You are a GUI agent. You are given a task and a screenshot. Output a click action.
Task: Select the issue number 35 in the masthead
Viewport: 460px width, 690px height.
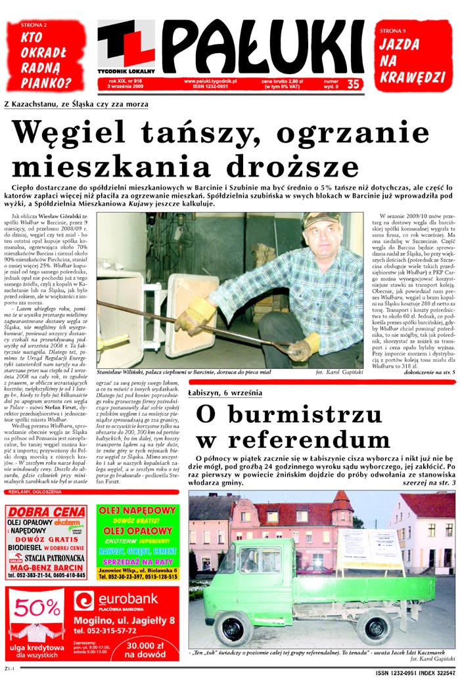click(x=353, y=84)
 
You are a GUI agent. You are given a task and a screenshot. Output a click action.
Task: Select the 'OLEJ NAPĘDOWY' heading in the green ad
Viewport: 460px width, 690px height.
click(x=137, y=511)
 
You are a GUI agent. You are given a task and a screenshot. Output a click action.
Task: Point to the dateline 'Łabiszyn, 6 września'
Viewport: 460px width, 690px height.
click(x=225, y=393)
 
